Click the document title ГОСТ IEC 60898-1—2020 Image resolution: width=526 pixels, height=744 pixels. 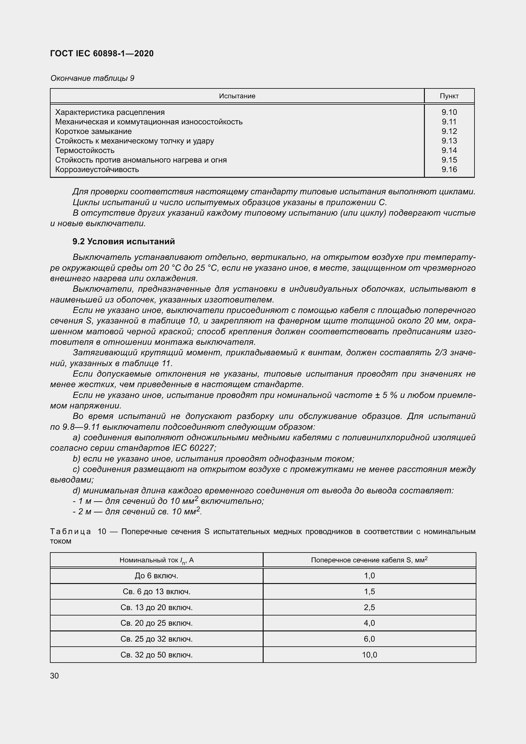coord(102,53)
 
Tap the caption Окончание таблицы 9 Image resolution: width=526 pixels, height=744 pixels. coord(92,78)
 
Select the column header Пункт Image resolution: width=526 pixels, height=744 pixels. coord(449,96)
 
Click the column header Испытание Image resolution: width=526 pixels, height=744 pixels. coord(237,96)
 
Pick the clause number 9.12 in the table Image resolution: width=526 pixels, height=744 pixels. coord(449,131)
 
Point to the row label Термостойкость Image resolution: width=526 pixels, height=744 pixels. coord(85,150)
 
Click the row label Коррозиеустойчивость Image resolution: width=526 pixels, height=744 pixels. coord(97,170)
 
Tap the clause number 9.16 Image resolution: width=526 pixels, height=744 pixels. coord(449,170)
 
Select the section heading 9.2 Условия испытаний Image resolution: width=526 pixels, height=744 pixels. coord(123,241)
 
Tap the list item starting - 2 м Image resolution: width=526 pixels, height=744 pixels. coord(137,512)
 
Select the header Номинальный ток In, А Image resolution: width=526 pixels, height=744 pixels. coord(156,560)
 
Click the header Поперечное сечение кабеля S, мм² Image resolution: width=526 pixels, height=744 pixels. coord(369,560)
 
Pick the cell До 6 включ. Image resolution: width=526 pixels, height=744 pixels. coord(156,576)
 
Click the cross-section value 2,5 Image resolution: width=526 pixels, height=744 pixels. coord(369,607)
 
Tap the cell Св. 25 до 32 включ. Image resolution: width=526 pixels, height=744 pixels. coord(156,639)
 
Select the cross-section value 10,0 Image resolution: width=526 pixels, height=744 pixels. coord(369,655)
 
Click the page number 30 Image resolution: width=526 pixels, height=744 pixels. coord(54,676)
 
